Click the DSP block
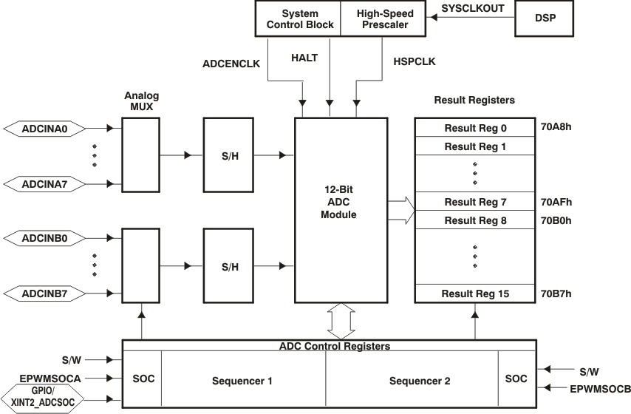pos(545,19)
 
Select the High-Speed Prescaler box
pos(385,19)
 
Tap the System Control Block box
pos(298,19)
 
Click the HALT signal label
pos(305,57)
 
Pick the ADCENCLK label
pos(231,64)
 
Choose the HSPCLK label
pos(415,62)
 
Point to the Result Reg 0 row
pos(474,127)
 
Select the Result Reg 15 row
pos(474,293)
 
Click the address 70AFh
pos(556,202)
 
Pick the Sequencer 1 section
pos(242,381)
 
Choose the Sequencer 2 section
pos(419,381)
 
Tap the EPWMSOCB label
pos(600,387)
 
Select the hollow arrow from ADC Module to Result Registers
pos(400,209)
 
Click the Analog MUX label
pos(141,101)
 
